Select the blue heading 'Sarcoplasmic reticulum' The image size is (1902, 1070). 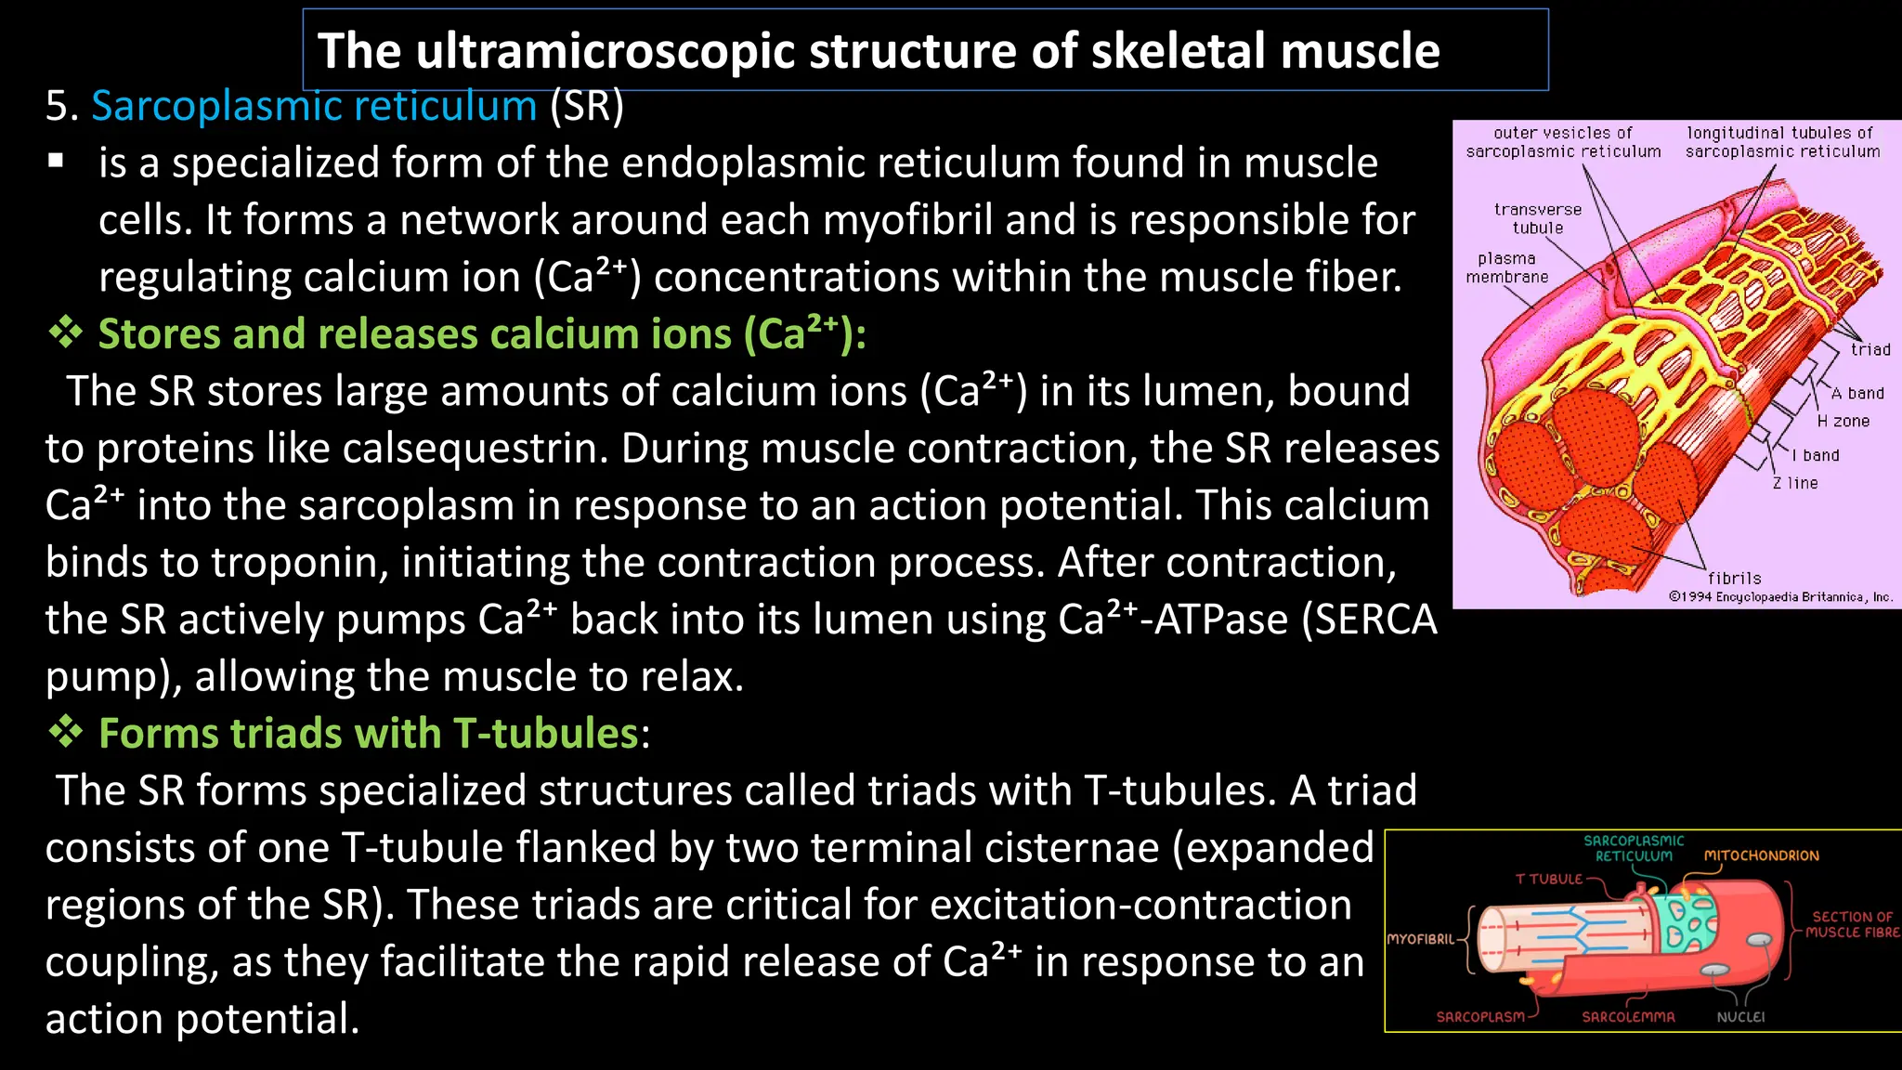(x=314, y=106)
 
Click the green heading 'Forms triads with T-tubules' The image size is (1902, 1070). (x=368, y=734)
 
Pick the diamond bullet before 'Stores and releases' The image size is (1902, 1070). (x=66, y=333)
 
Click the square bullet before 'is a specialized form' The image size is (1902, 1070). (x=57, y=161)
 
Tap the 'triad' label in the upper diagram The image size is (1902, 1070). (x=1869, y=350)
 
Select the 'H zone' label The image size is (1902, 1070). (x=1843, y=422)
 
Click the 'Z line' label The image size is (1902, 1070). (x=1795, y=483)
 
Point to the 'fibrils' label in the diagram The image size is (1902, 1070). (x=1734, y=578)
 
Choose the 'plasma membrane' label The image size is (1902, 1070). (x=1506, y=267)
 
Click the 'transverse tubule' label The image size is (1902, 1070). (x=1537, y=219)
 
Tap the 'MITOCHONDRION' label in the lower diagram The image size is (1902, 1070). (x=1761, y=855)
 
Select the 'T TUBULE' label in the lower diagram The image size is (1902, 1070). (x=1548, y=879)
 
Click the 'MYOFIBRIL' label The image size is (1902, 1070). (x=1420, y=939)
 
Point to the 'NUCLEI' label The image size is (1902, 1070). (x=1740, y=1017)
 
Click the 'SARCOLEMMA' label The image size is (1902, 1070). (x=1628, y=1017)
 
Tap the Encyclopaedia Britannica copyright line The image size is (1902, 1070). (x=1779, y=596)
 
